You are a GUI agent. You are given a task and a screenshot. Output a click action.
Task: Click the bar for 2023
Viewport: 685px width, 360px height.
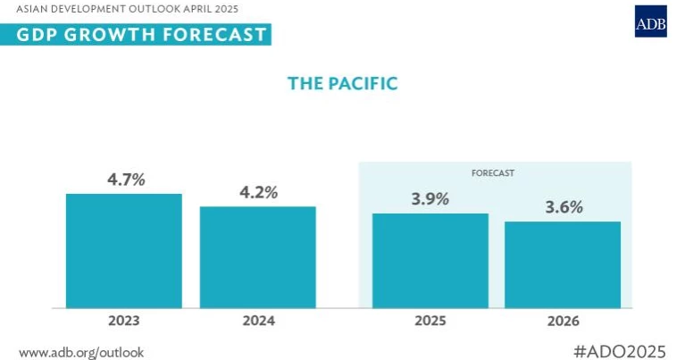click(123, 251)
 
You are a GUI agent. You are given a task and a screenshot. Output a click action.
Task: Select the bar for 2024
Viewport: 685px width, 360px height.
click(257, 257)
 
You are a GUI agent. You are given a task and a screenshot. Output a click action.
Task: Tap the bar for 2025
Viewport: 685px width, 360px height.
click(430, 261)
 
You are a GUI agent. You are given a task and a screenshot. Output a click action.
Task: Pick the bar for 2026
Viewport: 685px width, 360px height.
click(563, 264)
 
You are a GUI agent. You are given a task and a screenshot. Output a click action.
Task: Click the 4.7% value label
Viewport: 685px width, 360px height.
click(126, 179)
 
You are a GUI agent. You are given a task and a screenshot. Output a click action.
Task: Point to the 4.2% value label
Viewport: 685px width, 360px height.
click(259, 192)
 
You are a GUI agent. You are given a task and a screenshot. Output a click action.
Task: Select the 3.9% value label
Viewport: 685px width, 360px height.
click(430, 198)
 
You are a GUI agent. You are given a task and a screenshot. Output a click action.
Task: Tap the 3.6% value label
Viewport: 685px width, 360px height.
click(564, 207)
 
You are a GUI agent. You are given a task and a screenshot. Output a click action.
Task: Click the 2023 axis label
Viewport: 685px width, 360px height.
click(123, 320)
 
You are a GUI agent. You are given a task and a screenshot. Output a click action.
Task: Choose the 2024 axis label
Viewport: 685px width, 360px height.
click(257, 320)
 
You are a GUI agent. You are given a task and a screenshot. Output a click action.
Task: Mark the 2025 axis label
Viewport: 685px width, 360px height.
click(430, 320)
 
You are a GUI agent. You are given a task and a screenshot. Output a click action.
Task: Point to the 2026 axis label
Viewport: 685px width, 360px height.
click(563, 320)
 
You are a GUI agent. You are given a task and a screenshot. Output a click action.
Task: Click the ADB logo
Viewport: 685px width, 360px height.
click(651, 21)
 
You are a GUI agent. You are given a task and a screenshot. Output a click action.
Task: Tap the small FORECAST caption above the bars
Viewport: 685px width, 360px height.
click(495, 171)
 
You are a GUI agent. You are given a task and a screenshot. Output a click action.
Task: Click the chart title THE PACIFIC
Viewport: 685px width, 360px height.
click(342, 83)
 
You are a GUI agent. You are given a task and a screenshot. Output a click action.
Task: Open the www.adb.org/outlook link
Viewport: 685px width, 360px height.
click(80, 352)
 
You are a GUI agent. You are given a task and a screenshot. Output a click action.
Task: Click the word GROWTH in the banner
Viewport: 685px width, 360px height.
click(100, 35)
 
